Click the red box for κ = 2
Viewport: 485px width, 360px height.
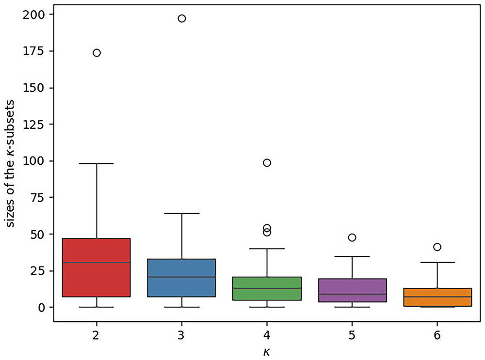(96, 267)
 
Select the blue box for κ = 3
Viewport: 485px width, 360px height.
(181, 278)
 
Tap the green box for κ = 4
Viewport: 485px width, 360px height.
(267, 289)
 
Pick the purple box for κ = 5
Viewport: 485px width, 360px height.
(352, 291)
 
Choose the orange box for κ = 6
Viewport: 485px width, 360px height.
(437, 297)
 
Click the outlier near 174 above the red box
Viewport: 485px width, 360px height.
(97, 53)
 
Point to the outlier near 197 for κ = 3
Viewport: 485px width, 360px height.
(182, 18)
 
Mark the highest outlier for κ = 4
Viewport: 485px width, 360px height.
(267, 163)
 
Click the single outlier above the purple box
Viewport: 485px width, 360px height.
(352, 237)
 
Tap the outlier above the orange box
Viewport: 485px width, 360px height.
(437, 247)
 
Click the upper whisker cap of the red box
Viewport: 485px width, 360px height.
(97, 163)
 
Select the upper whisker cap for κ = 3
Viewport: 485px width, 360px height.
(182, 213)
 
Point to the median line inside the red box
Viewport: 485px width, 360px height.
(96, 263)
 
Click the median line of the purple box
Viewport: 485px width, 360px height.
(352, 294)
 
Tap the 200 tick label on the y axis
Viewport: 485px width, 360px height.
(34, 15)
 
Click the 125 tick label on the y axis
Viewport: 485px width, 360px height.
(34, 124)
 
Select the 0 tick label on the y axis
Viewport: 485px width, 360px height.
(41, 308)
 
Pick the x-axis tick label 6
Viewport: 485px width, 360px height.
(437, 335)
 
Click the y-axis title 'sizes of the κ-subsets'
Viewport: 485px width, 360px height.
(10, 163)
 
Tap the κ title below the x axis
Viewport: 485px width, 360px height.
(267, 352)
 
